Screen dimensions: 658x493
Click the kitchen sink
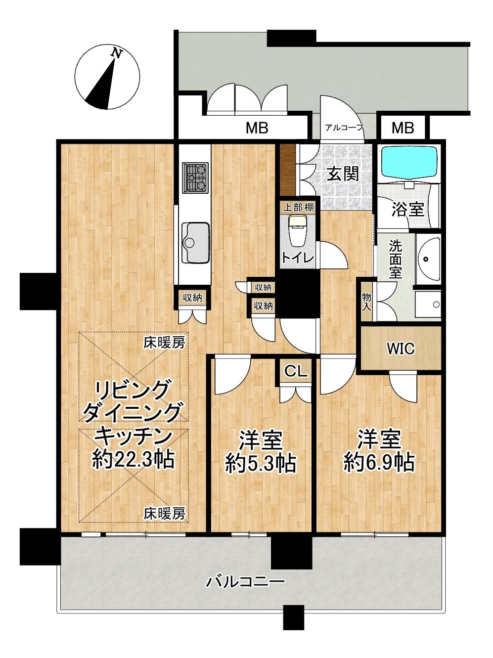195,242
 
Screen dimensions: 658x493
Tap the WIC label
401,349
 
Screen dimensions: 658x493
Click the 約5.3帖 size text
261,463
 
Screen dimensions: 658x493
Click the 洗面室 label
395,259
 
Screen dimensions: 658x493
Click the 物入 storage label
366,301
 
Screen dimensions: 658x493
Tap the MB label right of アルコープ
403,128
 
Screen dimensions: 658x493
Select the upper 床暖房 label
164,342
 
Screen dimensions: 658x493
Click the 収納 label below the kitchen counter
192,297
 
